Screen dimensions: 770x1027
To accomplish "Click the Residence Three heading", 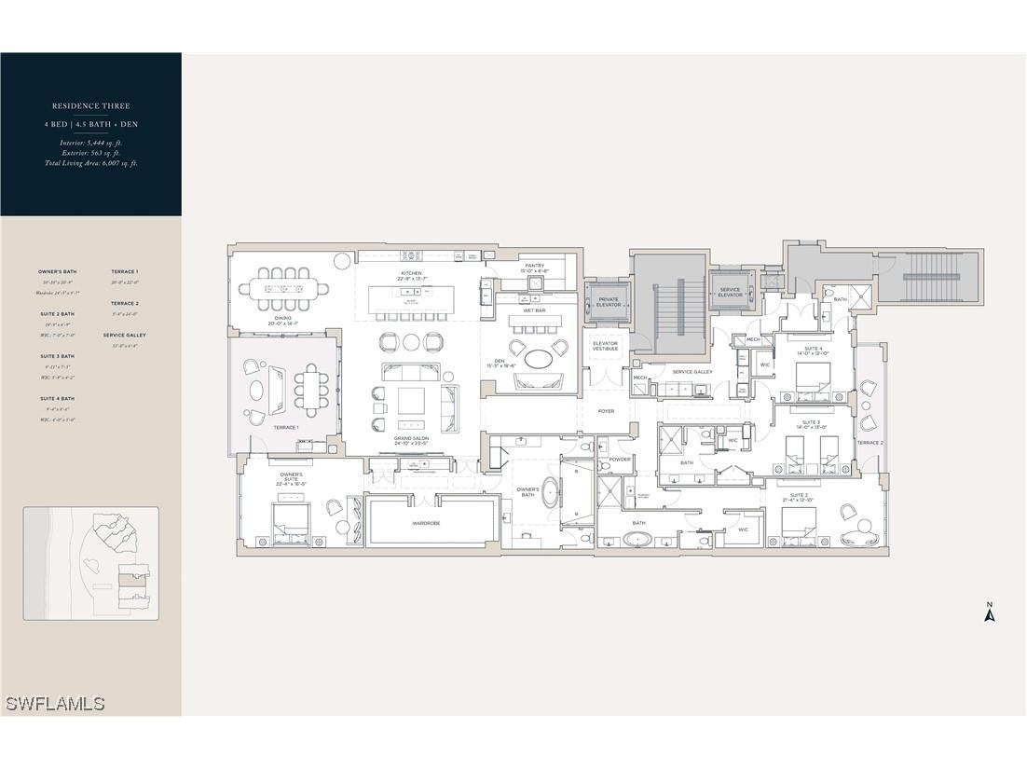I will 90,106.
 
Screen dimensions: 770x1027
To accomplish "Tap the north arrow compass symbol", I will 991,612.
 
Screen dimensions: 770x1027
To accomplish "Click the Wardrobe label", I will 426,523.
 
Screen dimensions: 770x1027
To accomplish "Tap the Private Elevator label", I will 609,302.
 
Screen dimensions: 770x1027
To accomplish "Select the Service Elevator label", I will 731,292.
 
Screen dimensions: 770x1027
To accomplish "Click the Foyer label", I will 606,411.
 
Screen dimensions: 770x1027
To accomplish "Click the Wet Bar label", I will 534,310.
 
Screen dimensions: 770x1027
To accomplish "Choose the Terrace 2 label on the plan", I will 870,443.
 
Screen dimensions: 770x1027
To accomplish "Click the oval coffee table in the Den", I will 538,358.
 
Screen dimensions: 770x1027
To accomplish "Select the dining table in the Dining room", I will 283,289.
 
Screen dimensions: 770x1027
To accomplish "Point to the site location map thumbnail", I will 90,563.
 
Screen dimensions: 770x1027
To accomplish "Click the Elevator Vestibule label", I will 606,346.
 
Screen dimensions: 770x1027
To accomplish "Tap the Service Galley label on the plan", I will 692,372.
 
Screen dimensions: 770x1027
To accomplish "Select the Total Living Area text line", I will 90,163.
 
